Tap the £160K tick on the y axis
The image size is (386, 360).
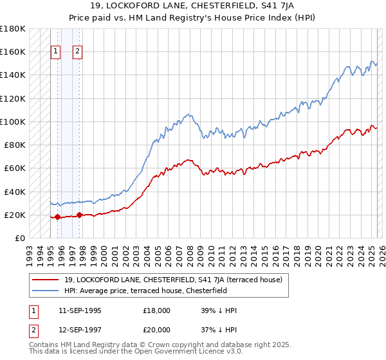[12, 51]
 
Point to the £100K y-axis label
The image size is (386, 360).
[12, 122]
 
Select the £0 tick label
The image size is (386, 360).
[19, 238]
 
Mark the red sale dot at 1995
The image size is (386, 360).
[57, 217]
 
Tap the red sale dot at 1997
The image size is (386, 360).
[79, 215]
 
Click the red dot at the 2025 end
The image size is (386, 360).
[376, 127]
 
